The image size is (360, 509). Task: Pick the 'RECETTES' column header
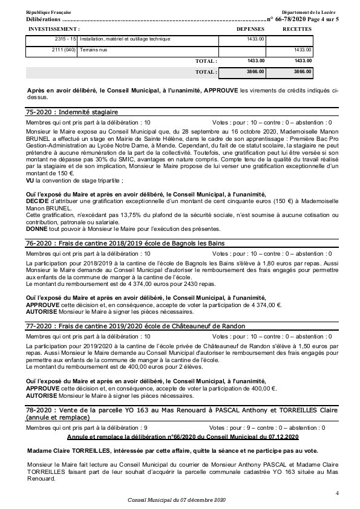pos(297,28)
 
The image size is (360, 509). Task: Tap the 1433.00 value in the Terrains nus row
pos(302,50)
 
